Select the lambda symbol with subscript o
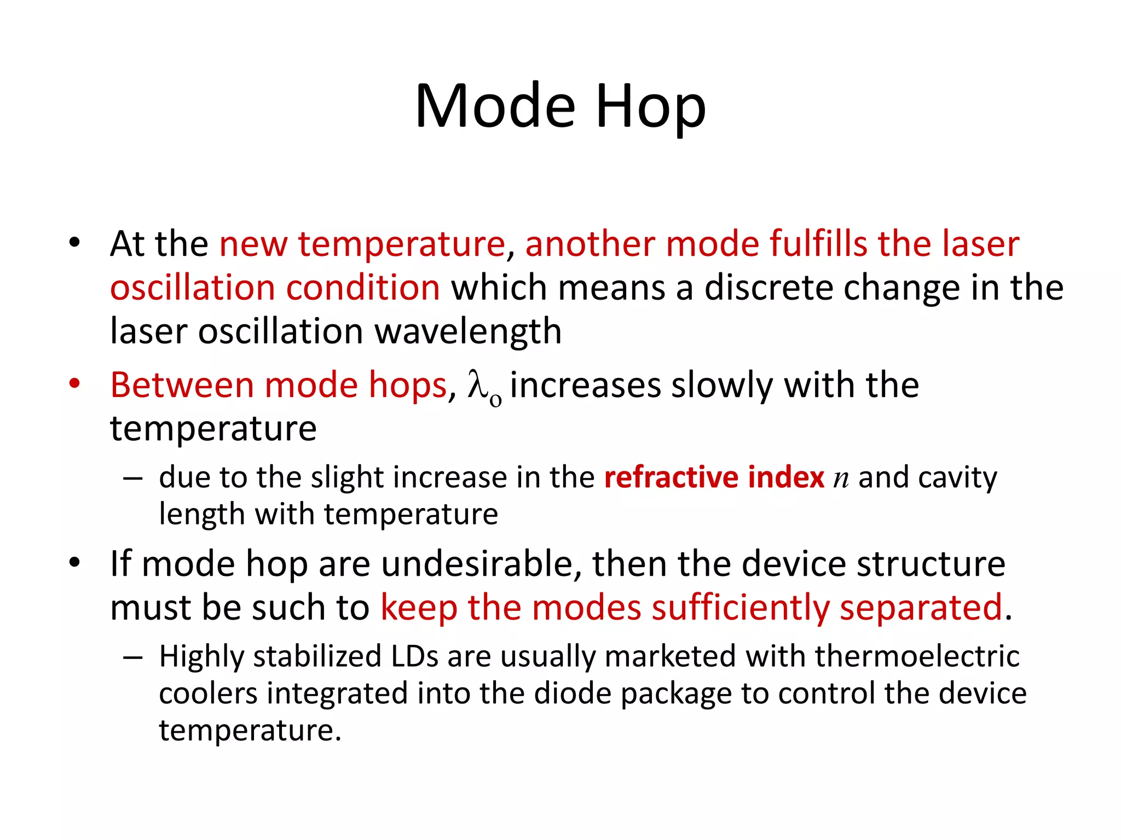(484, 387)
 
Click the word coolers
(208, 693)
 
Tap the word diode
(572, 693)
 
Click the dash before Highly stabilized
(133, 656)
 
